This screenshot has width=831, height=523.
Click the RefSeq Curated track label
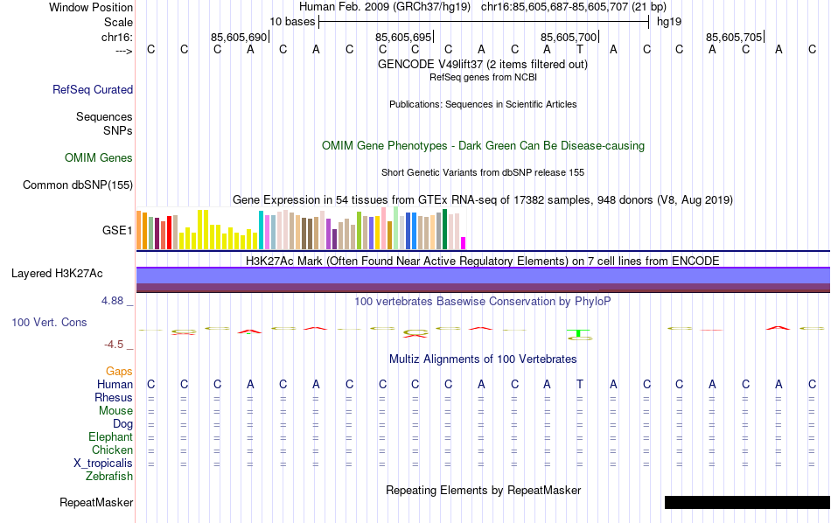93,89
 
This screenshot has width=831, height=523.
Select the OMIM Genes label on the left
99,158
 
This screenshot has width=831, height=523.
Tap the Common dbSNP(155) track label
78,185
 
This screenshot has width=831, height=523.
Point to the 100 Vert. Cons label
49,322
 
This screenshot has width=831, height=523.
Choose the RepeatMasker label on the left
96,503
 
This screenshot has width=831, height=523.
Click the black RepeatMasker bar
746,503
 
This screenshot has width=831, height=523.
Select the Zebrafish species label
109,477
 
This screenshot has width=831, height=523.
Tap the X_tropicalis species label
103,464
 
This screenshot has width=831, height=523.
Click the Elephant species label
110,437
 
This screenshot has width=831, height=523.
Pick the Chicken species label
112,450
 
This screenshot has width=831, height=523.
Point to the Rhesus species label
113,398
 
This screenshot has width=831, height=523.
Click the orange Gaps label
119,372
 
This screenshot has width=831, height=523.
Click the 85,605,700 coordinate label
569,38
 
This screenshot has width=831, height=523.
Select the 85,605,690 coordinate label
238,38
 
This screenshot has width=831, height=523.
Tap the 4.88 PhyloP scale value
116,301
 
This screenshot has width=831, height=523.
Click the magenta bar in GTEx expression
464,242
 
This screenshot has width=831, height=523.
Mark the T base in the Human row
579,384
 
